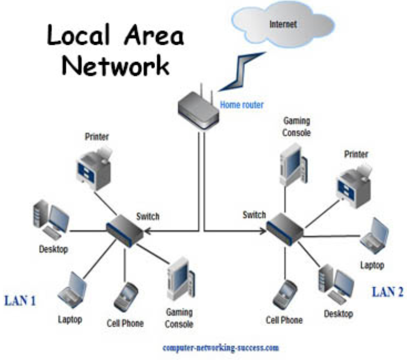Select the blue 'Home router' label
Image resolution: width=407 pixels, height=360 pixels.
(x=242, y=105)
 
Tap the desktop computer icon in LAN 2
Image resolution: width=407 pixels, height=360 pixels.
(x=336, y=283)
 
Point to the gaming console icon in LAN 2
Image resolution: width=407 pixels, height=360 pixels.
(x=292, y=162)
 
